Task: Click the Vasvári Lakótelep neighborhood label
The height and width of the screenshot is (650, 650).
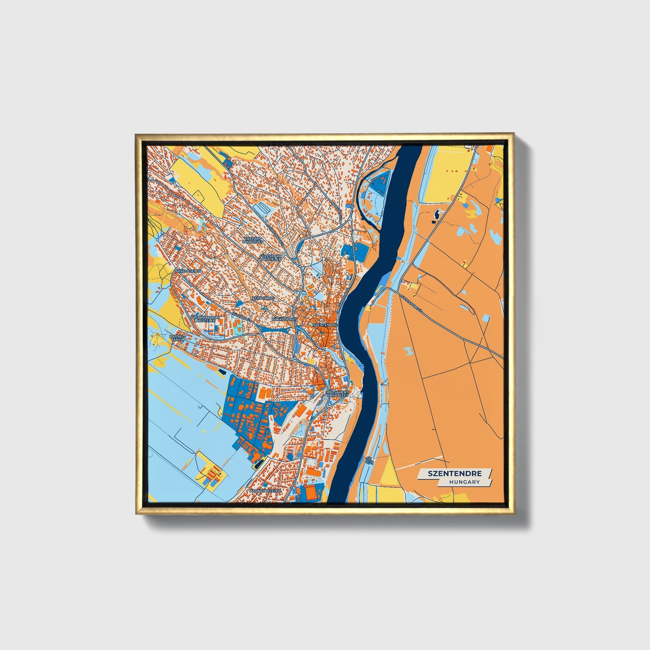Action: [252, 240]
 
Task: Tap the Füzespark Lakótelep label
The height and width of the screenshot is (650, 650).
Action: [270, 257]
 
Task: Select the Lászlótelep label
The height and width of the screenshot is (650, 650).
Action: [188, 272]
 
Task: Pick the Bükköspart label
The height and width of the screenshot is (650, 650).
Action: [284, 319]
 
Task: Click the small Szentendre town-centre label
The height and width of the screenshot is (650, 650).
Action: [325, 324]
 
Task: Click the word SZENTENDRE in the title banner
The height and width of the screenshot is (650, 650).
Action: [455, 474]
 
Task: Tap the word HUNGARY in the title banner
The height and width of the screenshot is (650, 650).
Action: [464, 482]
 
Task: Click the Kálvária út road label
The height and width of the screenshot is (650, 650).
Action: [241, 318]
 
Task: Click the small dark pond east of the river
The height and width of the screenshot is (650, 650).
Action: [435, 215]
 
